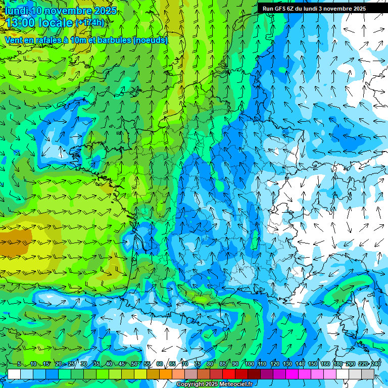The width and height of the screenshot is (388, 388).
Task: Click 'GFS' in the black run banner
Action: click(281, 9)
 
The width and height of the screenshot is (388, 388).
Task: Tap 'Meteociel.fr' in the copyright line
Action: click(236, 384)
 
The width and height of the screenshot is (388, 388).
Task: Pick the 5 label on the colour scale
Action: click(19, 364)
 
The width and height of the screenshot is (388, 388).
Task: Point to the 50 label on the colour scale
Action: click(134, 364)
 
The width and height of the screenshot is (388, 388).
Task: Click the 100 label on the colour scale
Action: click(249, 364)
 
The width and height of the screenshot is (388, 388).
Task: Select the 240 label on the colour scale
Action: click(376, 364)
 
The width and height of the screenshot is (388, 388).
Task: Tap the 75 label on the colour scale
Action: click(198, 364)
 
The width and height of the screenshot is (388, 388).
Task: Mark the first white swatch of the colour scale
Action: click(14, 374)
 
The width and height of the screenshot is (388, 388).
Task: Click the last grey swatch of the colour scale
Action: click(368, 374)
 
